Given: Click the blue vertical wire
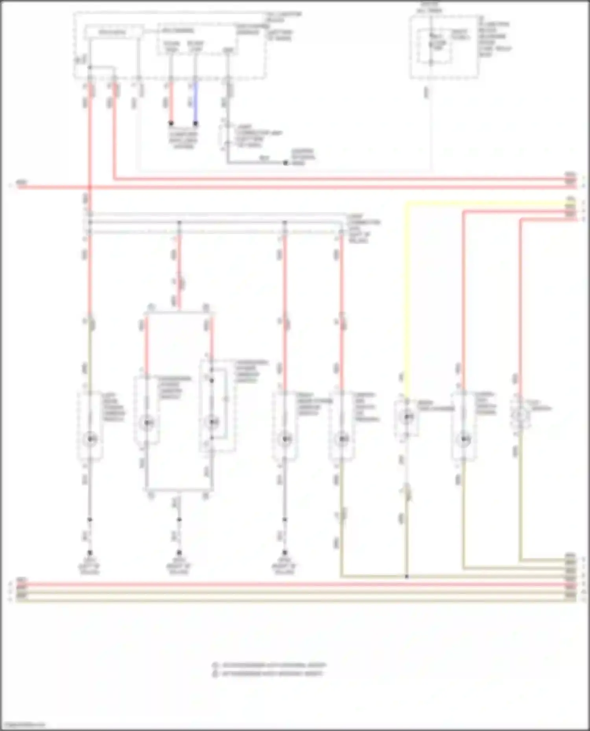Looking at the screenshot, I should pyautogui.click(x=195, y=102).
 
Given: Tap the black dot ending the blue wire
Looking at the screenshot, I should pyautogui.click(x=195, y=123).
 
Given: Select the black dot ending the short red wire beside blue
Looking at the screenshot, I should pyautogui.click(x=171, y=123).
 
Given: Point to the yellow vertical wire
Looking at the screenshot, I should pyautogui.click(x=406, y=295).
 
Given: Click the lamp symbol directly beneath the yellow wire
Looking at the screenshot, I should pyautogui.click(x=408, y=416).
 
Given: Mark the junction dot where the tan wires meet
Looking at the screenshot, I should pyautogui.click(x=407, y=577).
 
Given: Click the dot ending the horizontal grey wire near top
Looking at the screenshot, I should pyautogui.click(x=286, y=163).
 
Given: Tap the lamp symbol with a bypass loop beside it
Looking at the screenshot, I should pyautogui.click(x=213, y=422).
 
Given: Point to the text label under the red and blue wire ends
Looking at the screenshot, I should pyautogui.click(x=183, y=140).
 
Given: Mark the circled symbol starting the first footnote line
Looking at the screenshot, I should pyautogui.click(x=215, y=665).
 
